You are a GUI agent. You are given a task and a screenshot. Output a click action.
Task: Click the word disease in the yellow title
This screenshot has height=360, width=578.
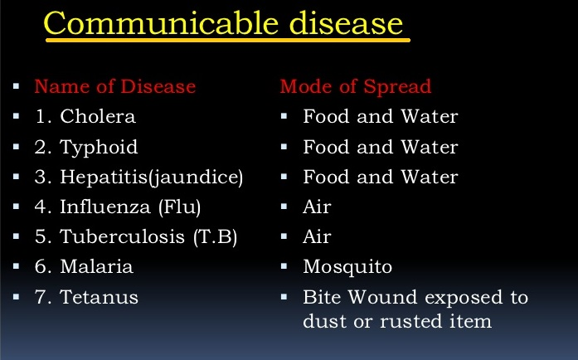[346, 23]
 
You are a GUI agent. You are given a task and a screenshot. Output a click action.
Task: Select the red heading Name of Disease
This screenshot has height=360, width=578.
[115, 86]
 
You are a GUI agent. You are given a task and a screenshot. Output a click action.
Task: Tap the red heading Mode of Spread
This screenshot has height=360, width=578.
[356, 86]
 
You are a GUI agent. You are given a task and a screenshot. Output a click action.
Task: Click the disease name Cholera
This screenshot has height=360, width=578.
[98, 116]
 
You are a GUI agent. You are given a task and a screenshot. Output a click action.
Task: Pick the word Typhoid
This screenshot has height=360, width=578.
[99, 148]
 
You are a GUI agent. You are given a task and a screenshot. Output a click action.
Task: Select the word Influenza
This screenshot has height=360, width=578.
[105, 207]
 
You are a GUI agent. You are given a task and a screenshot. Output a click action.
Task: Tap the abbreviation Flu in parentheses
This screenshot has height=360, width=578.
[179, 207]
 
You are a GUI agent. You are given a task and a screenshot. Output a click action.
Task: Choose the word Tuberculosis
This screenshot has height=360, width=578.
[122, 236]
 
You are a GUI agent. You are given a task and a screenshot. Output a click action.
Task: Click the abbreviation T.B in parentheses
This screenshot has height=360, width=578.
[216, 236]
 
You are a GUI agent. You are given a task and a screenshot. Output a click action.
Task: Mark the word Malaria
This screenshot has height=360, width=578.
[96, 266]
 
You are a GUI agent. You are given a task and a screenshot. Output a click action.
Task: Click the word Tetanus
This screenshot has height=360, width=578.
[99, 297]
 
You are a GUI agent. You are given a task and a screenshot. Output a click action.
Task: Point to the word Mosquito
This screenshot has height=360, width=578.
[347, 267]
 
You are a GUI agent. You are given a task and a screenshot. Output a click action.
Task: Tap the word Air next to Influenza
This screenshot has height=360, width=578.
[317, 207]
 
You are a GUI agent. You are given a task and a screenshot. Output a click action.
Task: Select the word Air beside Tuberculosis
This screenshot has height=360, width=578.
[317, 236]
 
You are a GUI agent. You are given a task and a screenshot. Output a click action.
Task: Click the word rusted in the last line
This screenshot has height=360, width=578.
[411, 321]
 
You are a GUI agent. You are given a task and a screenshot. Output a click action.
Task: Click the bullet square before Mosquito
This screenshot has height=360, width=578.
[284, 266]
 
